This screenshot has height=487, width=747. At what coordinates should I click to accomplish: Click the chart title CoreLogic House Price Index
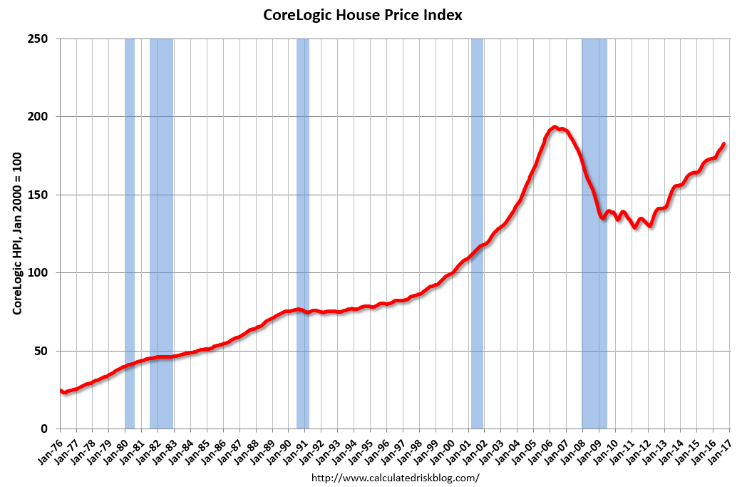tap(363, 15)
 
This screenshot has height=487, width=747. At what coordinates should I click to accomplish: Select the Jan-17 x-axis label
tap(721, 448)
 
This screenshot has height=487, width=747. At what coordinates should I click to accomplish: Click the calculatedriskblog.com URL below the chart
tap(396, 478)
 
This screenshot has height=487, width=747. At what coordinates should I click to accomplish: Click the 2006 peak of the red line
tap(554, 128)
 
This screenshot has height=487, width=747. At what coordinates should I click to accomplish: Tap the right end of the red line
tap(724, 144)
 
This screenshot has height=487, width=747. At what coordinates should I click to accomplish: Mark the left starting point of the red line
tap(61, 391)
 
